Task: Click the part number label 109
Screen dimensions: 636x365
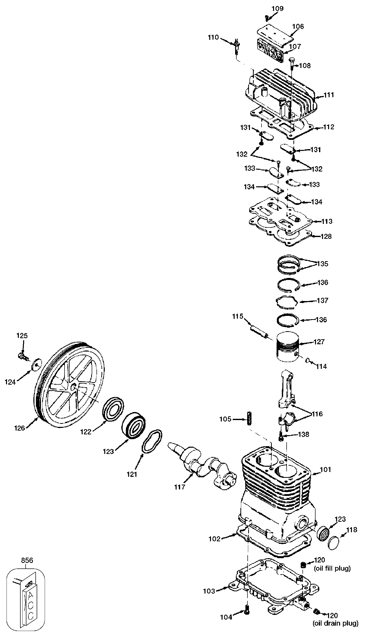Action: click(278, 9)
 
